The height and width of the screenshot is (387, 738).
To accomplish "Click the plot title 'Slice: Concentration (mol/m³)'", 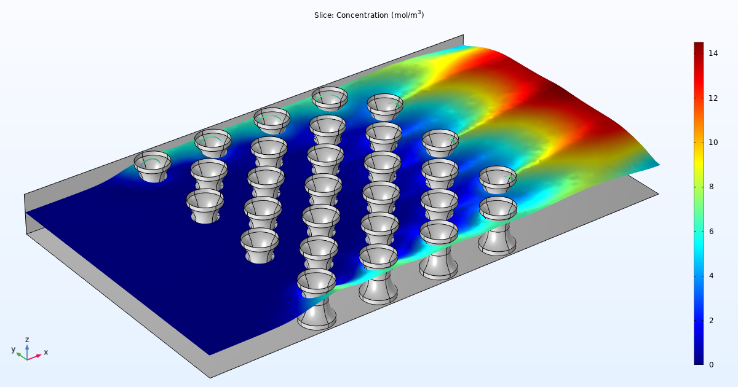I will tap(369, 15).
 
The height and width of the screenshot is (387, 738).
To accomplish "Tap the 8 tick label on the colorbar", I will tap(711, 187).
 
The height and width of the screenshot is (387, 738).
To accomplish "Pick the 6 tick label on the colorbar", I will tap(711, 232).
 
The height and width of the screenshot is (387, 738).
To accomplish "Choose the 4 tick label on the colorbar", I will tap(711, 276).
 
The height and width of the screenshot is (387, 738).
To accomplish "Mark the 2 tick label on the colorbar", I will tap(711, 321).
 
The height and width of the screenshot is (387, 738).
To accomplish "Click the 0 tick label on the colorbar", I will tap(711, 365).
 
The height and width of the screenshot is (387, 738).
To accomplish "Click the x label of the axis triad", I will tap(46, 352).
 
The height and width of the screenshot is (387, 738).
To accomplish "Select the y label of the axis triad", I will tap(13, 350).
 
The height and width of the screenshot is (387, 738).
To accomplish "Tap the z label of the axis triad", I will tap(27, 339).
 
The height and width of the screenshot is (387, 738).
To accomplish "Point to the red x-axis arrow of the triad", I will tap(36, 356).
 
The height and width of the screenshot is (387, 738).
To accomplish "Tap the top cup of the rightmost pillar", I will tap(498, 177).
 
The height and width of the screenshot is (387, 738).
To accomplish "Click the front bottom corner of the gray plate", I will tap(210, 377).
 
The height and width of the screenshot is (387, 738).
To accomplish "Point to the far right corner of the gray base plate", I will tap(657, 193).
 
